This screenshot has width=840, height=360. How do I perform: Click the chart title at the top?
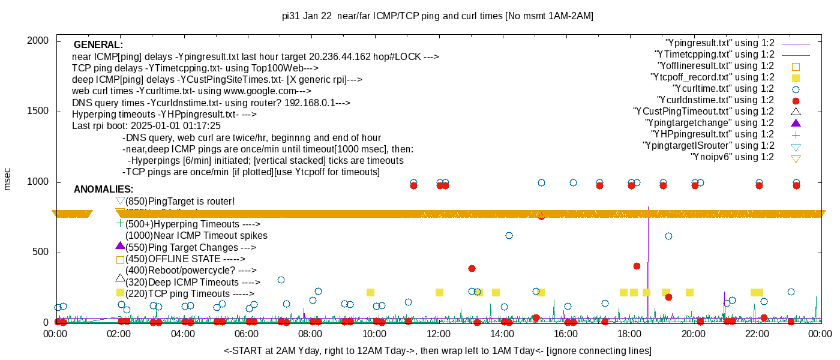pyautogui.click(x=437, y=16)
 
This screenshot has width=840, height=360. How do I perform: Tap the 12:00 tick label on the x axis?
pyautogui.click(x=438, y=335)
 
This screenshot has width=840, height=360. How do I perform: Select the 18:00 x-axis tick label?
pyautogui.click(x=629, y=335)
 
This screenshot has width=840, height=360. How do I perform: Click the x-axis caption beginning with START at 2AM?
pyautogui.click(x=437, y=350)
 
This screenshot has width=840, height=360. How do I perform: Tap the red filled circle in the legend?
pyautogui.click(x=796, y=100)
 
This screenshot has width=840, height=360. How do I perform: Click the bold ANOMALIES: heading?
pyautogui.click(x=103, y=190)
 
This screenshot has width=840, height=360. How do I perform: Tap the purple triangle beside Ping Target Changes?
pyautogui.click(x=120, y=246)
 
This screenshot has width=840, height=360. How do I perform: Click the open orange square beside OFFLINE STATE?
pyautogui.click(x=120, y=260)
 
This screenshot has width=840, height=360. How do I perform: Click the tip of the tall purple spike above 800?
pyautogui.click(x=648, y=208)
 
